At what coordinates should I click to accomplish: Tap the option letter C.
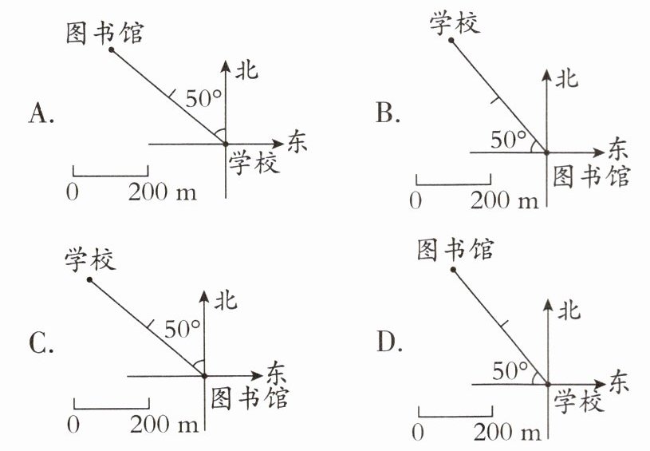click(x=41, y=344)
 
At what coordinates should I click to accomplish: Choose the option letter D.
click(x=388, y=344)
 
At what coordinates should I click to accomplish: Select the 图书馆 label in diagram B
click(x=591, y=175)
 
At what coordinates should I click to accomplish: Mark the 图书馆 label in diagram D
click(x=455, y=250)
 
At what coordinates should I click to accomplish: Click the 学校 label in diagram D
click(x=579, y=403)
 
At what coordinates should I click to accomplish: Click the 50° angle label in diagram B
click(x=509, y=140)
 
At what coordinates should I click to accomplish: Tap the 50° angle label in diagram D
click(x=511, y=370)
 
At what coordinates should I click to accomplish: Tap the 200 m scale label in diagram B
click(x=505, y=200)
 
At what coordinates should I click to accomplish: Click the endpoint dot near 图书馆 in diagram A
click(x=112, y=49)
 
